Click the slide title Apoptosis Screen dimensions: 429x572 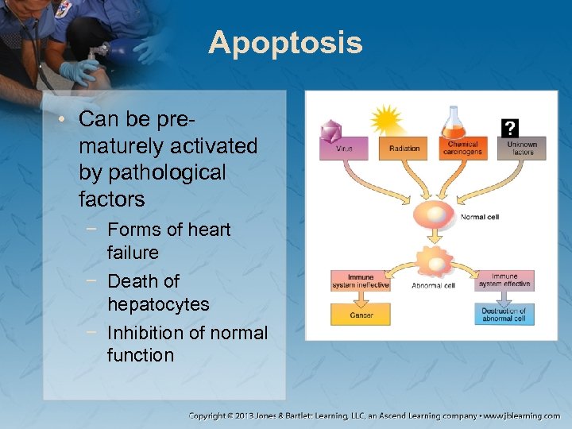tap(285, 43)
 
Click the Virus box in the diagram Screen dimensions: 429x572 tap(343, 149)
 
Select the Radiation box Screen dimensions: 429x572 tap(404, 149)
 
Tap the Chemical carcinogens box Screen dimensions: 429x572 tap(462, 149)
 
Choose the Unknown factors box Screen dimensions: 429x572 tap(522, 149)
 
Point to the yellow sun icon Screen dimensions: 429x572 tap(388, 121)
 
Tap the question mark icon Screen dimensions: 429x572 tap(510, 128)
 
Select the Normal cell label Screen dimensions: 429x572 tap(479, 217)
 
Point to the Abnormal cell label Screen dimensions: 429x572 tap(433, 285)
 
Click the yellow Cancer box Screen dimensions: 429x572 tap(361, 315)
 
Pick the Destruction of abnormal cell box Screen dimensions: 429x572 tap(504, 315)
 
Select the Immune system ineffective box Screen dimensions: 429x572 tap(355, 280)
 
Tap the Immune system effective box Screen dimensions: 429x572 tap(504, 280)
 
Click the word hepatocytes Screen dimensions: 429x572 tap(158, 304)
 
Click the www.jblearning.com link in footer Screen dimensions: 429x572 tap(520, 415)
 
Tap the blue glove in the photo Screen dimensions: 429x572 tap(80, 72)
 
